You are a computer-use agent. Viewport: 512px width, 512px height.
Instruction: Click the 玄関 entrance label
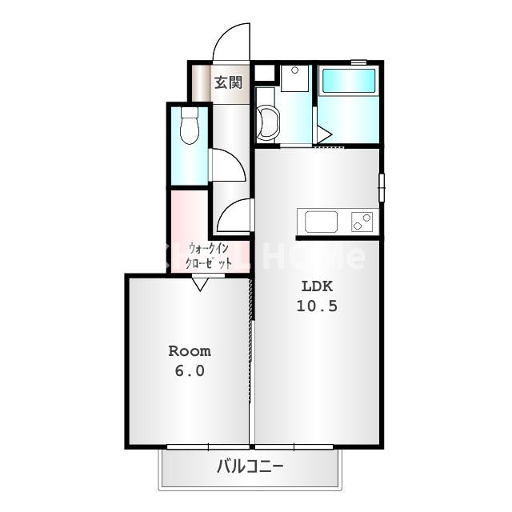(x=228, y=82)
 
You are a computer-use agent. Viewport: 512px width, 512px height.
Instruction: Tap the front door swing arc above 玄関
(x=232, y=42)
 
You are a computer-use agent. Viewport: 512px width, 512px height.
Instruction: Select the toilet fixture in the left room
(x=190, y=126)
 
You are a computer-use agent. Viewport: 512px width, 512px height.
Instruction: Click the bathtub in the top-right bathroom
(x=348, y=81)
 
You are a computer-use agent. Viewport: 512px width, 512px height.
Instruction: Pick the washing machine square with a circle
(x=294, y=78)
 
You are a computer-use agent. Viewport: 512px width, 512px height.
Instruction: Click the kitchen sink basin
(x=321, y=221)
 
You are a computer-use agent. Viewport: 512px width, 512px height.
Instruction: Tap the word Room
(x=189, y=351)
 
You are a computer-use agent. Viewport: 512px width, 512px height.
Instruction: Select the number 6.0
(x=189, y=370)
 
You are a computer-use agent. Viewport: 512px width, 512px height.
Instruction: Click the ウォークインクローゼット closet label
(x=209, y=255)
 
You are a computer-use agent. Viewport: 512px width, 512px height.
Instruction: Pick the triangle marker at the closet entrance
(x=200, y=282)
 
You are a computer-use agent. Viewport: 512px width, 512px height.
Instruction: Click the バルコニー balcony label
(x=250, y=466)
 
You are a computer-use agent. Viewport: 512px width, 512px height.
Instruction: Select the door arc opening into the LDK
(x=234, y=216)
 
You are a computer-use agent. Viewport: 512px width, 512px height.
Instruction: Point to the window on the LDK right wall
(x=382, y=187)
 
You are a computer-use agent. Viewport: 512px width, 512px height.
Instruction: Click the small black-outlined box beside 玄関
(x=264, y=74)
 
